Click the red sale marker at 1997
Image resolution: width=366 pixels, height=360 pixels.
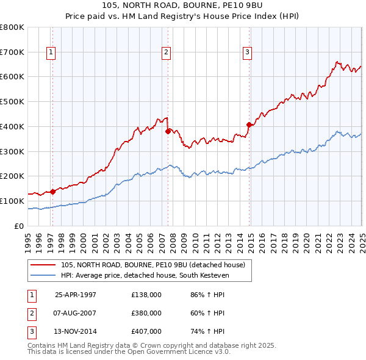click(x=53, y=191)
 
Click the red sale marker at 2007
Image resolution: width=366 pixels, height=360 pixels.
click(x=168, y=130)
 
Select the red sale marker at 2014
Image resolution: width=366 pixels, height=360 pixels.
click(x=249, y=124)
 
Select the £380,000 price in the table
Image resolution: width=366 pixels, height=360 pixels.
click(x=146, y=313)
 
